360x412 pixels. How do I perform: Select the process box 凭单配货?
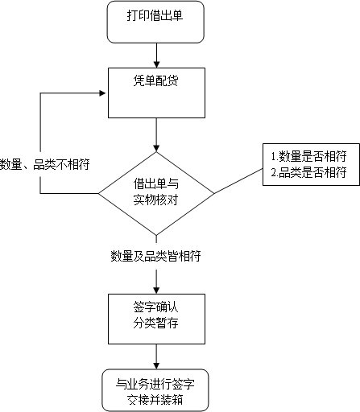[x=155, y=93]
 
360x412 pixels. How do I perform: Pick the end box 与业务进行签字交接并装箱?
[x=155, y=389]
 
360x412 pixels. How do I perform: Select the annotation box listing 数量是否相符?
[x=307, y=165]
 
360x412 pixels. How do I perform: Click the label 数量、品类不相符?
[x=44, y=164]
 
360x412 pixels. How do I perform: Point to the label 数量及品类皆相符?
[x=155, y=257]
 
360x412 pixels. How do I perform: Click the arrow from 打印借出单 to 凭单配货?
[x=155, y=55]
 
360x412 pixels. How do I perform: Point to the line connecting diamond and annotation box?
[x=238, y=183]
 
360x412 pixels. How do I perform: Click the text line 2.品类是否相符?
[x=308, y=172]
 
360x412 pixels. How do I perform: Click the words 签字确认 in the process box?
[x=155, y=307]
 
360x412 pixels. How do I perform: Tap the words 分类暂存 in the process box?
[x=155, y=323]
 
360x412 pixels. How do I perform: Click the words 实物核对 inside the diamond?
[x=155, y=200]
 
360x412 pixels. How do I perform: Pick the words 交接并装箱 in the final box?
[x=155, y=398]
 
